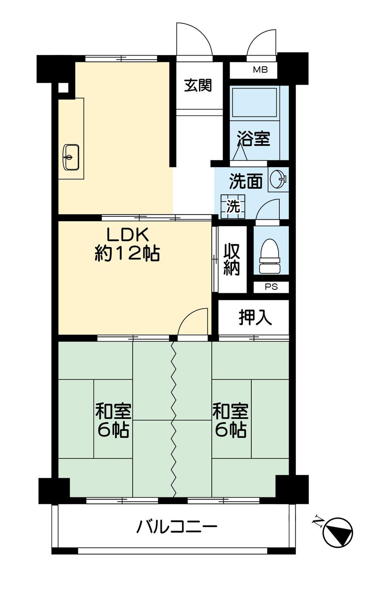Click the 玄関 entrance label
coord(198,85)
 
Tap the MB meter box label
coord(260,70)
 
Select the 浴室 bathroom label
coord(254,138)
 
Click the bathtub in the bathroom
coord(254,103)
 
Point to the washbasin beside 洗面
coord(278,180)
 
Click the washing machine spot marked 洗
coord(233,207)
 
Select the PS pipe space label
coord(271,287)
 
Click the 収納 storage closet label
coord(232,260)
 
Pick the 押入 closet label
coord(255,318)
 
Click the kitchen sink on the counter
coord(71,157)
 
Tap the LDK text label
coord(127,235)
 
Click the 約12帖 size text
coord(127,253)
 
